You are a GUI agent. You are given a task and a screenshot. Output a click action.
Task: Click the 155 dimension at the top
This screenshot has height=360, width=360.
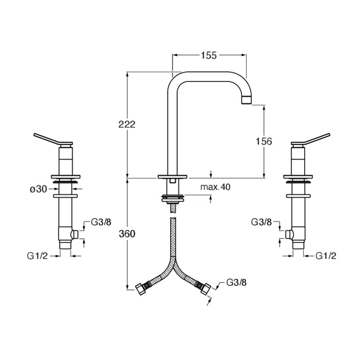click(209, 55)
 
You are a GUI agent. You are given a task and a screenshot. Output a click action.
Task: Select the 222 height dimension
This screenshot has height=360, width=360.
click(127, 125)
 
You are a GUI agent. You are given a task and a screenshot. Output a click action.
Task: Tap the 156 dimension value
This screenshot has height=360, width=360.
click(264, 141)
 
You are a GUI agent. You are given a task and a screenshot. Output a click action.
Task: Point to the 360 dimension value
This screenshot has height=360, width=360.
click(127, 234)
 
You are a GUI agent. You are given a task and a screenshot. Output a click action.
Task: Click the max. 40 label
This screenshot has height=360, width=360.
click(215, 187)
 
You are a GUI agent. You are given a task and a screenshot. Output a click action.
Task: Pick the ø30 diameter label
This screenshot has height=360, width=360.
click(38, 189)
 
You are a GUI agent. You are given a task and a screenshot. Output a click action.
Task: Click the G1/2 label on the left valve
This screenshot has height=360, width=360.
click(37, 256)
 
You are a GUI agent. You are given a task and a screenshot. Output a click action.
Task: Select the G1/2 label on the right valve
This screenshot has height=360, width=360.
click(326, 256)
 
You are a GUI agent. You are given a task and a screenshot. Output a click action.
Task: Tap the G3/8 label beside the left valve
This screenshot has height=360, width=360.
click(101, 222)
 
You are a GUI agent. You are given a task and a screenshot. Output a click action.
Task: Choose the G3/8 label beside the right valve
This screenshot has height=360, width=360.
click(261, 222)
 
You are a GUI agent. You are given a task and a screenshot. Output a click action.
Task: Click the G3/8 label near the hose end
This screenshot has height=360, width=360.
click(237, 283)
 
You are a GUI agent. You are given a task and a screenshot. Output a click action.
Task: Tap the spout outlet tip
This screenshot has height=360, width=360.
click(247, 100)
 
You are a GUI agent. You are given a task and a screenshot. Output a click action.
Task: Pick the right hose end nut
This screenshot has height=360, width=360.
click(206, 289)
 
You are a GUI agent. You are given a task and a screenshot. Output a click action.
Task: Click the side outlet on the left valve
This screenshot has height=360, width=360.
click(75, 234)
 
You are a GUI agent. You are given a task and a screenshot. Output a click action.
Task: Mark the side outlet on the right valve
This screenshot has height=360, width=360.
click(289, 234)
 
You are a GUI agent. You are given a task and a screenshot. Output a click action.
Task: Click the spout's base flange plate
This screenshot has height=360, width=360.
click(172, 176)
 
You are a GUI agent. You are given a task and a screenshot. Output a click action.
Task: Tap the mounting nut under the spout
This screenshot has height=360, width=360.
click(173, 198)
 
